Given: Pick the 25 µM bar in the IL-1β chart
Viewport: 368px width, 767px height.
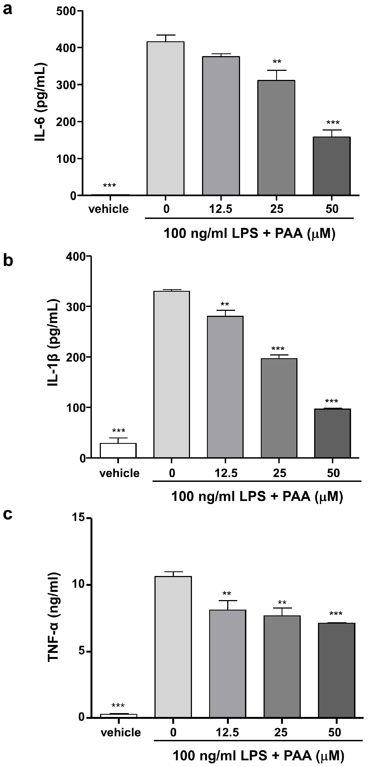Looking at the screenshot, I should point(279,408).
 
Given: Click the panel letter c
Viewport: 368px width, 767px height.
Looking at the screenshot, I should point(8,514).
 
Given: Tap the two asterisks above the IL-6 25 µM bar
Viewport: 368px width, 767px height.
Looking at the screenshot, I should point(277,62).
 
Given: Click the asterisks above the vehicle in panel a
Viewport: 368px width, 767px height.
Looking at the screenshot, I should point(109,186).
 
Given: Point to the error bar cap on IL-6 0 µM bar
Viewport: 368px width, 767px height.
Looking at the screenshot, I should point(165,35).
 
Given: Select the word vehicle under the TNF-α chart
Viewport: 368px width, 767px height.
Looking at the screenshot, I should point(121,733).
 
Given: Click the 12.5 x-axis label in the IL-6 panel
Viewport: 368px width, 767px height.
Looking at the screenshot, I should point(220,209).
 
